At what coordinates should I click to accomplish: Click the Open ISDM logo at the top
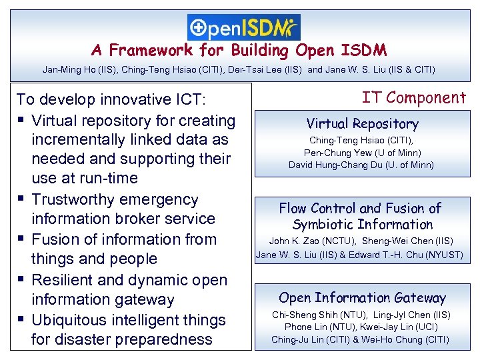click(x=243, y=27)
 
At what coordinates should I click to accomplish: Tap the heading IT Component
click(x=413, y=98)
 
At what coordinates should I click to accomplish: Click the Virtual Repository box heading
click(x=362, y=124)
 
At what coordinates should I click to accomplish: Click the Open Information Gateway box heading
click(x=362, y=298)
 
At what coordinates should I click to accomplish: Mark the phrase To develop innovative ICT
click(x=112, y=100)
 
